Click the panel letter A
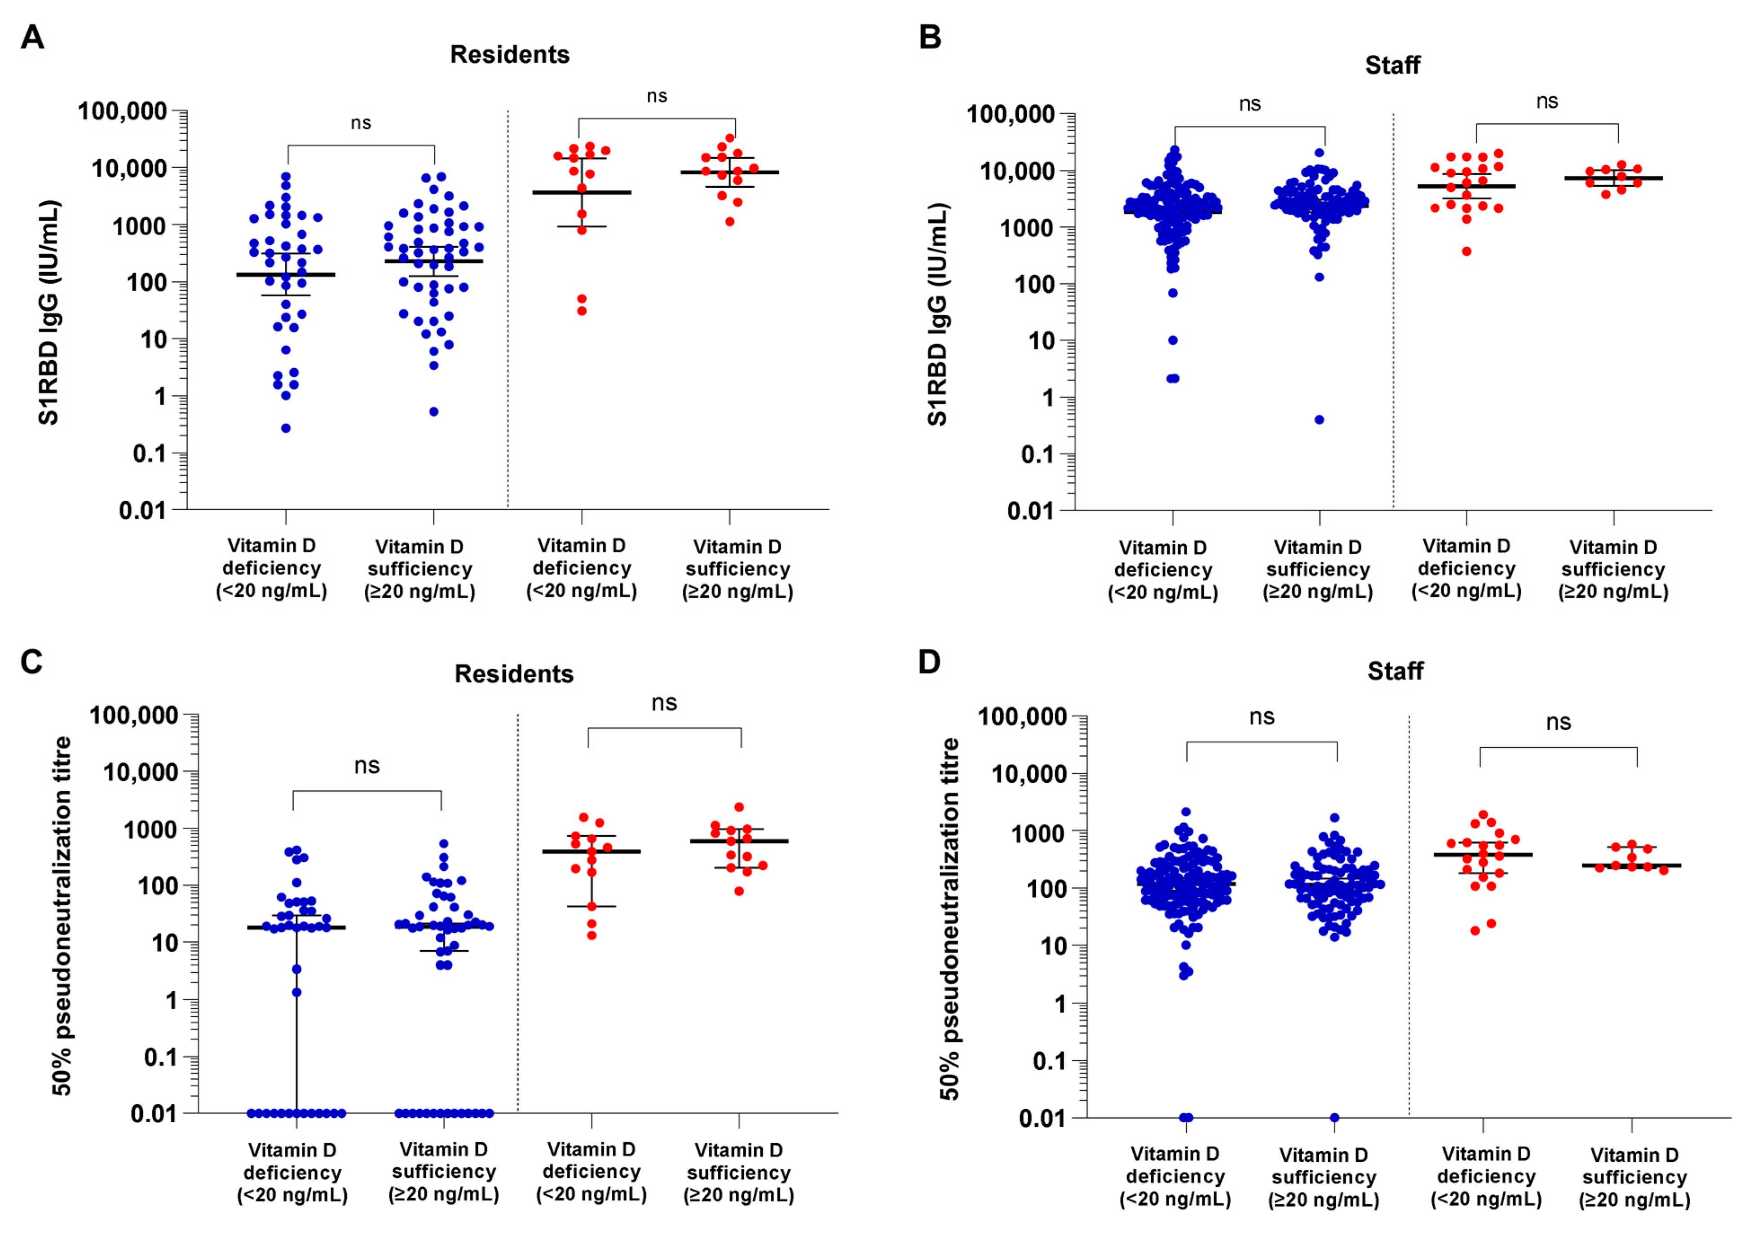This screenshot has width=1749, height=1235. click(x=32, y=36)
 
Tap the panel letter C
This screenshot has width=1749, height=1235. click(x=31, y=662)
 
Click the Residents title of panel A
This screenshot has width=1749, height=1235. click(x=510, y=55)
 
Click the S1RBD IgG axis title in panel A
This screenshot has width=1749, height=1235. click(x=49, y=313)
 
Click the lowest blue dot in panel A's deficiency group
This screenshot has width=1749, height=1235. click(x=286, y=428)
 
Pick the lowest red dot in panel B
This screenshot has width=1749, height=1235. click(x=1466, y=251)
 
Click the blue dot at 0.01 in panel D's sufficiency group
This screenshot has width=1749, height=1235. click(x=1334, y=1118)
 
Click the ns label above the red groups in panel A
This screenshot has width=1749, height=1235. click(x=657, y=97)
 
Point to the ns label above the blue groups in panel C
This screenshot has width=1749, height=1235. click(x=367, y=766)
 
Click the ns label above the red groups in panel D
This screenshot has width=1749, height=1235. click(x=1558, y=722)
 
